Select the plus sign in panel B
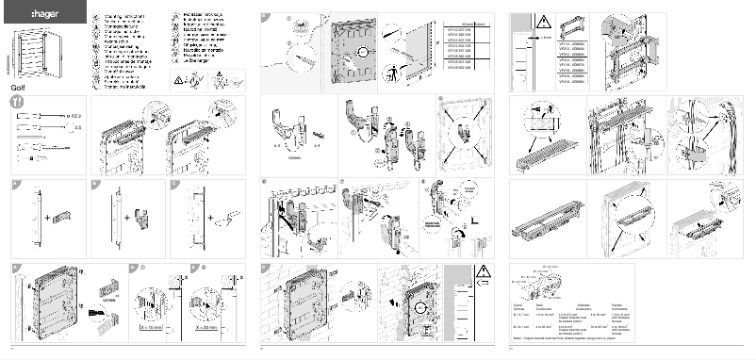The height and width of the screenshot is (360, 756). (x=127, y=218)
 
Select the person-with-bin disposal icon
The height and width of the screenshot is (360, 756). (x=222, y=81)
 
